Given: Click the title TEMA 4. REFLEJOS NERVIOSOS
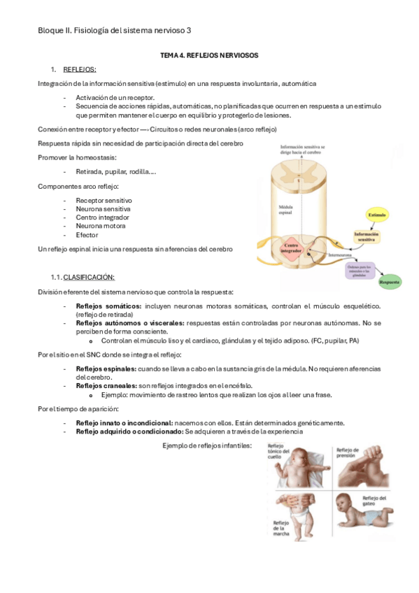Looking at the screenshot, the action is pyautogui.click(x=209, y=55).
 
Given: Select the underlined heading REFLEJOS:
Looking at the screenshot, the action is pyautogui.click(x=79, y=69).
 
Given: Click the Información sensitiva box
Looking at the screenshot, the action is pyautogui.click(x=370, y=237).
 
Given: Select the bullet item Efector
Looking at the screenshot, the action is pyautogui.click(x=87, y=235).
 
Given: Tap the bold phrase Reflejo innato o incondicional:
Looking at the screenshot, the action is pyautogui.click(x=125, y=423).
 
